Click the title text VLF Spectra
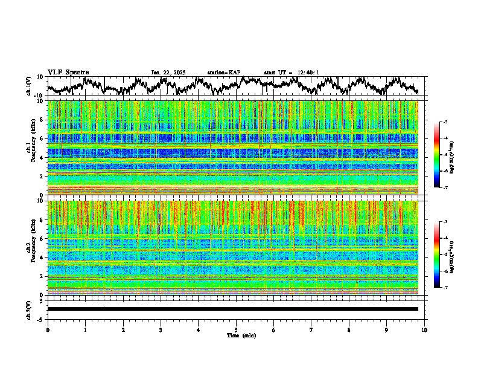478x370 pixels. (x=68, y=72)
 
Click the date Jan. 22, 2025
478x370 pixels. (x=168, y=73)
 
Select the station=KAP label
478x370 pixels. (x=224, y=73)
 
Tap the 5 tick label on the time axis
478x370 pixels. (x=236, y=330)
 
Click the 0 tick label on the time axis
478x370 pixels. (x=48, y=330)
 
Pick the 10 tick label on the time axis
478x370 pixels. (x=424, y=330)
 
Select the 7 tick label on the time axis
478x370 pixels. (x=311, y=330)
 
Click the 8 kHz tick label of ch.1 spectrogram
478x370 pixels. (x=42, y=120)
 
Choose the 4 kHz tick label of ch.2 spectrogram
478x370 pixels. (x=42, y=258)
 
